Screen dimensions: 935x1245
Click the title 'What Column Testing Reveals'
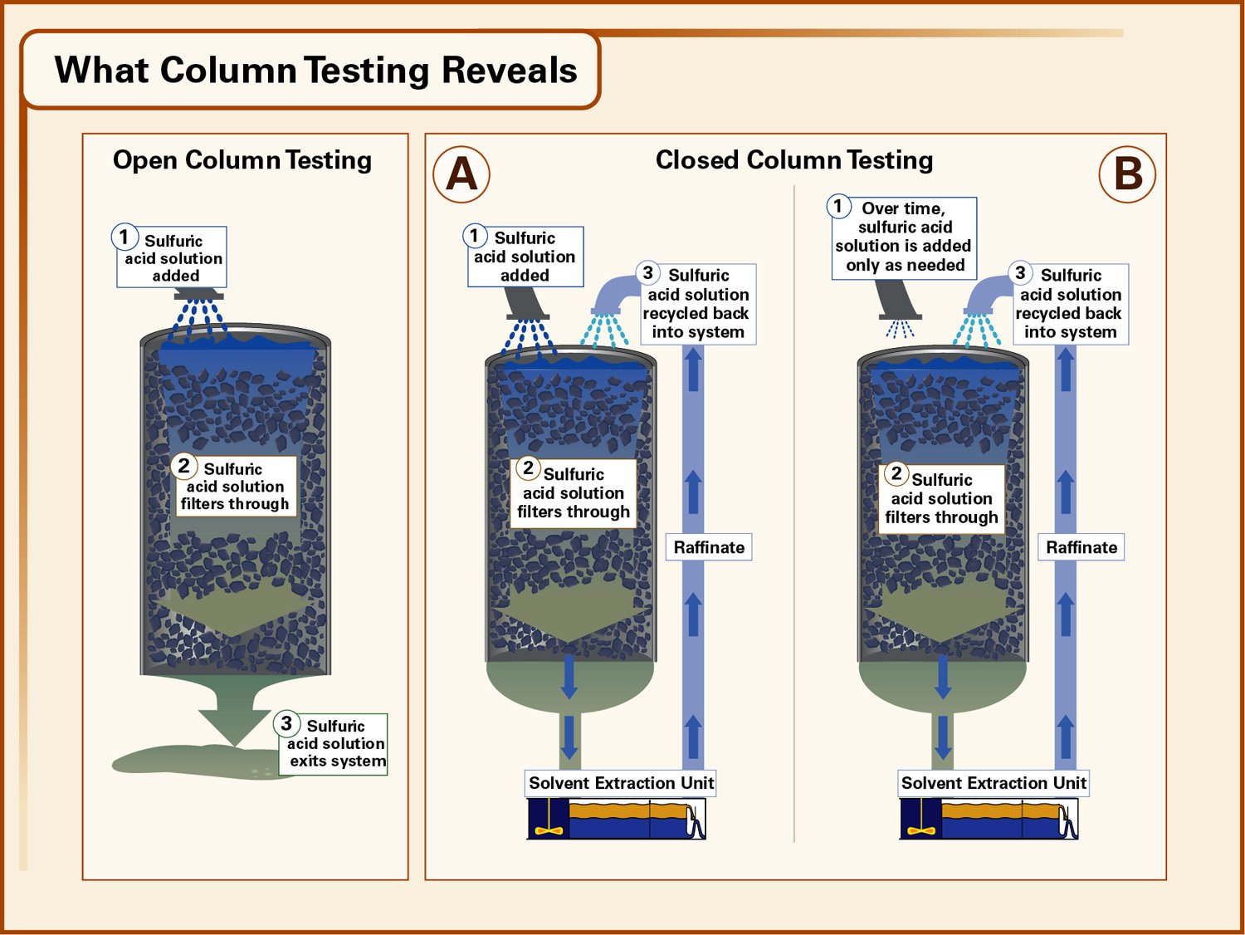315,71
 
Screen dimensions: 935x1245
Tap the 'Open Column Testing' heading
242,160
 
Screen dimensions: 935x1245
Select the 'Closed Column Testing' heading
793,160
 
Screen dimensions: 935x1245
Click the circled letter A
461,174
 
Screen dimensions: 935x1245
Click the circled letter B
1127,174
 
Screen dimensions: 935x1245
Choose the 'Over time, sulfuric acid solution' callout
904,237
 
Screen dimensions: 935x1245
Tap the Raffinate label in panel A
709,547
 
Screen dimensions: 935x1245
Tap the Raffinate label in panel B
1081,547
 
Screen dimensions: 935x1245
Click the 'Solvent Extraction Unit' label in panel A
621,783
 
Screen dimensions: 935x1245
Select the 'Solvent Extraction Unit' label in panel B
994,783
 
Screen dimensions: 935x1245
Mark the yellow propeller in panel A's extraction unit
549,828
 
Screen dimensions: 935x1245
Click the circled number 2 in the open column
184,467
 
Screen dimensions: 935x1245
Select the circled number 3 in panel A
647,273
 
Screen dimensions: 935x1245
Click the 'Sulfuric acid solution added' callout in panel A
525,257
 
